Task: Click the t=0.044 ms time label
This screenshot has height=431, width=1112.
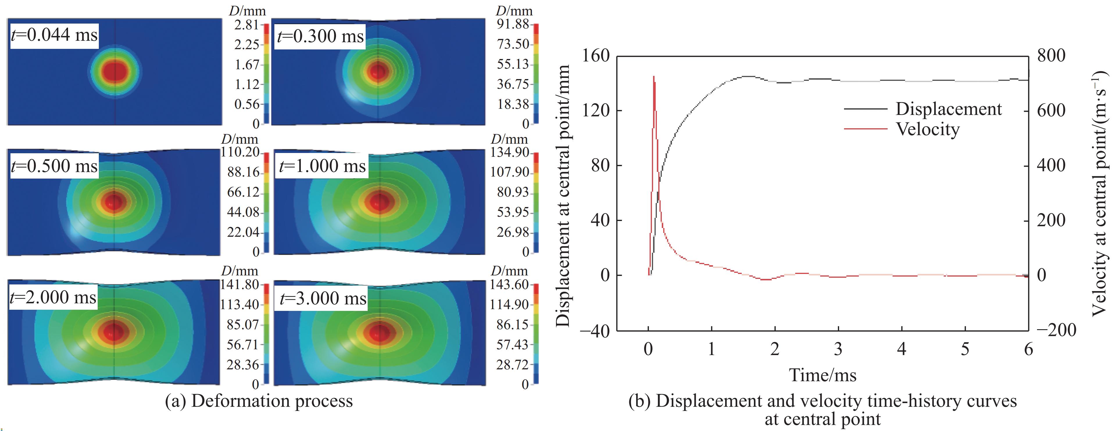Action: tap(54, 35)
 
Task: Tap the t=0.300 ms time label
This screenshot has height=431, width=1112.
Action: tap(320, 36)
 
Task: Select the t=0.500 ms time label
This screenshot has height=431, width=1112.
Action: tap(54, 166)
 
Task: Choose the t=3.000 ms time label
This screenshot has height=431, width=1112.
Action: tap(323, 298)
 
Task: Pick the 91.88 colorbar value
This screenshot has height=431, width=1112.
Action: tap(513, 24)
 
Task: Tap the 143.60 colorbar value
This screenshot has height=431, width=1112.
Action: tap(509, 285)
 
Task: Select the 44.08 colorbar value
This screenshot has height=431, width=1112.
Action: tap(243, 212)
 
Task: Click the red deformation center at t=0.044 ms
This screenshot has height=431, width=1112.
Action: tap(115, 71)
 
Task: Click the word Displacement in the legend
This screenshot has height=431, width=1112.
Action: tap(948, 109)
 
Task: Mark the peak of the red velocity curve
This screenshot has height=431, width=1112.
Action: tap(654, 77)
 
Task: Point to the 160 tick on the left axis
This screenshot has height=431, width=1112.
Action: tap(596, 55)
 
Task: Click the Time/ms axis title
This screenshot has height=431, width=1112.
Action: tap(822, 375)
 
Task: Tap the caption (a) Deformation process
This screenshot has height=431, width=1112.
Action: tap(259, 401)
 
